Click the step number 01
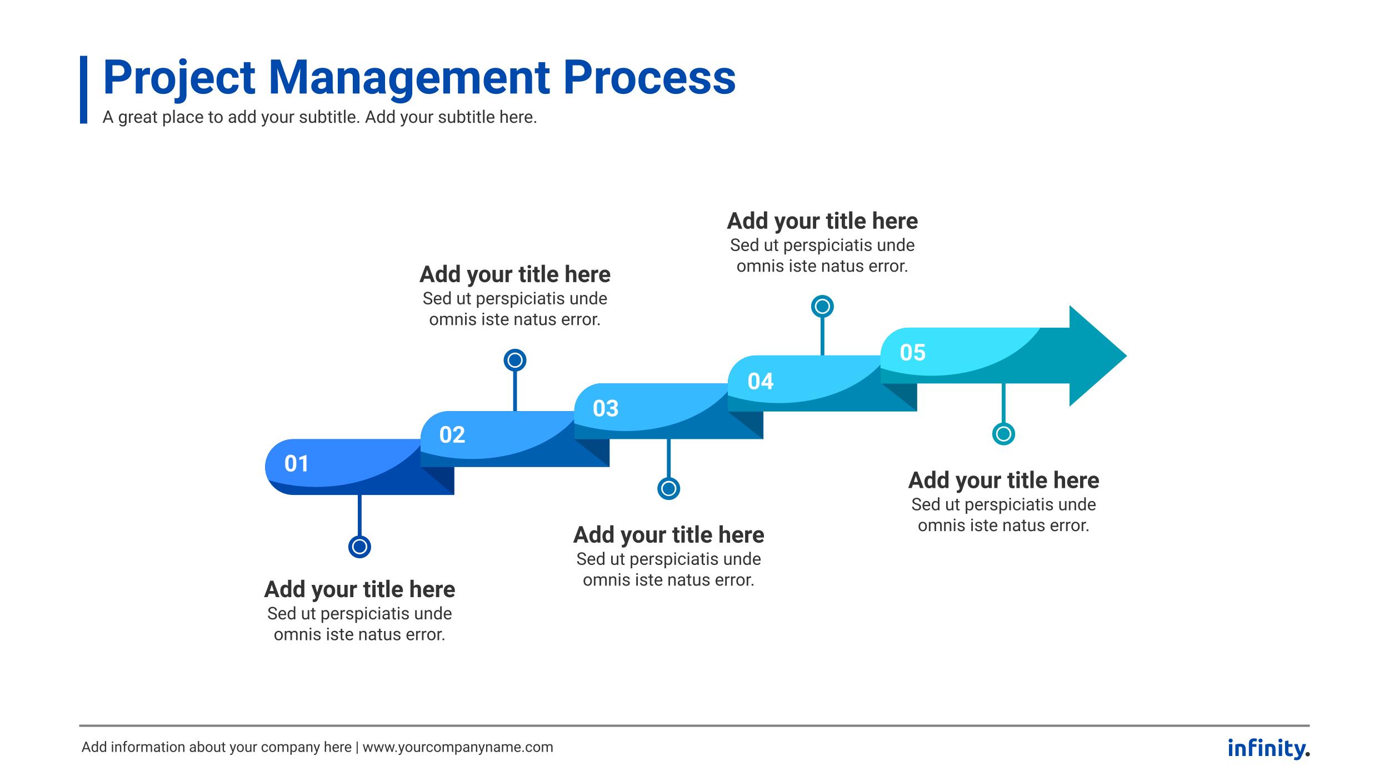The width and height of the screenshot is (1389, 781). point(296,464)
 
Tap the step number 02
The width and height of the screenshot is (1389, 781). point(452,435)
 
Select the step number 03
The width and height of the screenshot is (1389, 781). point(606,409)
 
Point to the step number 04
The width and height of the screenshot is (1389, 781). point(760,382)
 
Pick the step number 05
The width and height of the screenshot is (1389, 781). point(913,353)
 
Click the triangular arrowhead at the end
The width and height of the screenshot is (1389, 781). point(1095,356)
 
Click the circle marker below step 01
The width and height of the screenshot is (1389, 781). point(359,547)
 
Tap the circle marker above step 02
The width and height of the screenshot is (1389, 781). point(515,360)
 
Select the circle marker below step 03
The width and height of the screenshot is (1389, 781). point(668,488)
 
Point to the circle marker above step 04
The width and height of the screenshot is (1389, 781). point(822,306)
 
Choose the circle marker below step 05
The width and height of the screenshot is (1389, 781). point(1003,434)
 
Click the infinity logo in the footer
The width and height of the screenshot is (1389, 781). point(1268,748)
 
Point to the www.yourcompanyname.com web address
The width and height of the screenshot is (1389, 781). point(458,747)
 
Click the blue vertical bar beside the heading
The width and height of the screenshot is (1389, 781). point(83,89)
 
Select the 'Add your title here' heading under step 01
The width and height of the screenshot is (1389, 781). point(359,589)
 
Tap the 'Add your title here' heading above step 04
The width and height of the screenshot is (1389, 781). point(822,221)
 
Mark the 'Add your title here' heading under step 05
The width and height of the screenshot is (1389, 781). point(1003,480)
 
